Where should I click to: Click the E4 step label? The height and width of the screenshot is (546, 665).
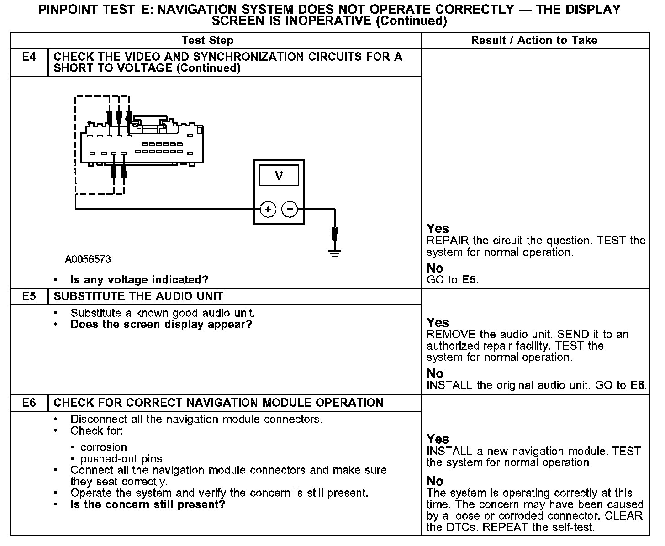coord(28,57)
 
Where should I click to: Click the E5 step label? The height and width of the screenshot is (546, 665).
coord(28,296)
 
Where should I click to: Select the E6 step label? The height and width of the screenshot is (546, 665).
coord(28,403)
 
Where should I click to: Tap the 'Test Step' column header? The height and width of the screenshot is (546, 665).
coord(207,40)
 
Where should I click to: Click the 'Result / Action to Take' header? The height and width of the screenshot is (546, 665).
coord(534,40)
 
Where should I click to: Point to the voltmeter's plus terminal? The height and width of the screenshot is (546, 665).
coord(268,210)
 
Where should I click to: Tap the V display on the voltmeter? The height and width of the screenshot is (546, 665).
coord(279,176)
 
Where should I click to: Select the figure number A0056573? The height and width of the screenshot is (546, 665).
coord(88,259)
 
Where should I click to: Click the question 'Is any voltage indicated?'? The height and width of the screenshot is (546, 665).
coord(139,279)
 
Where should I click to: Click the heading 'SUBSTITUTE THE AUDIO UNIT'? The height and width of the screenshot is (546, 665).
coord(138,296)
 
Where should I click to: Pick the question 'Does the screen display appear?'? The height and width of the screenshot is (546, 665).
coord(161,325)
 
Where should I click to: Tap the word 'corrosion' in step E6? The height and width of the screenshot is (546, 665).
coord(103,447)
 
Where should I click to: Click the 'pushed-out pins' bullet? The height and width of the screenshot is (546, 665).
coord(121,459)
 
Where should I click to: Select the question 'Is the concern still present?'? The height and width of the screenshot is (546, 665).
coord(148,504)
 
